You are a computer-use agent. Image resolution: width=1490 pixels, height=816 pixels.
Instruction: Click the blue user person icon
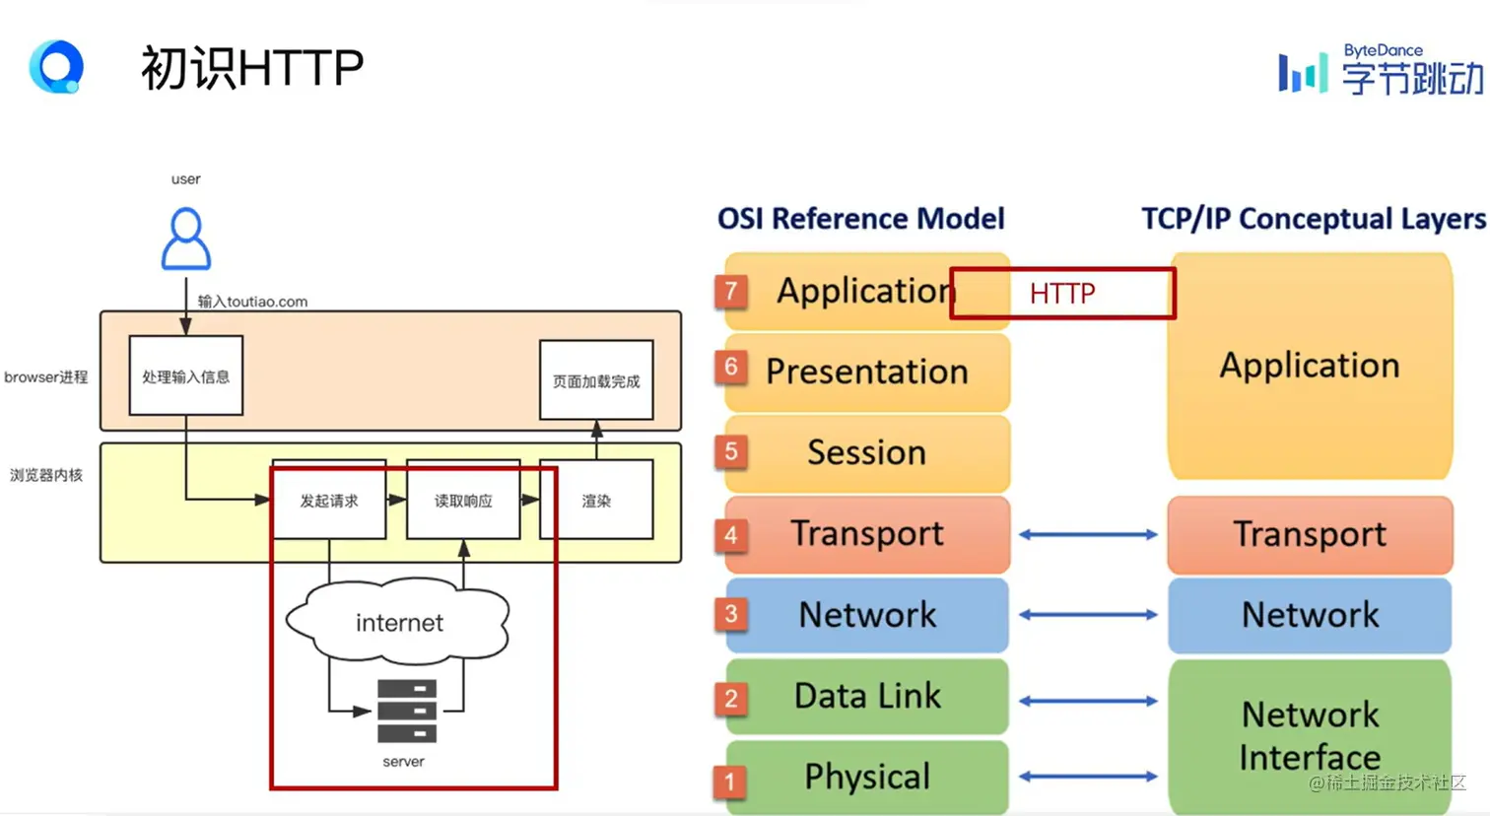coord(186,238)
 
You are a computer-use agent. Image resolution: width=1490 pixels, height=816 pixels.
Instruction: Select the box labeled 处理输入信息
coord(186,375)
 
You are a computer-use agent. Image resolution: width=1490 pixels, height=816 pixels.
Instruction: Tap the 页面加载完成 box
coord(596,379)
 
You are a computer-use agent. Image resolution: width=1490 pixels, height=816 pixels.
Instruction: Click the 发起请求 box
coord(329,500)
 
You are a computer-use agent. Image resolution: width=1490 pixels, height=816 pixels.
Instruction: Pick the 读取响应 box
coord(463,500)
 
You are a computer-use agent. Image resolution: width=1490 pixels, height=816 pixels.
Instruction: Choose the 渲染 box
coord(596,500)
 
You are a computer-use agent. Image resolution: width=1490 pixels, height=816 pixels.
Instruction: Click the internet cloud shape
coord(398,621)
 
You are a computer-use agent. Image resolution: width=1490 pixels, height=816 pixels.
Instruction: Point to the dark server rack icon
coord(407,711)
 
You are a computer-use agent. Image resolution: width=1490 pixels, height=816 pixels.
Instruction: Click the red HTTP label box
coord(1063,294)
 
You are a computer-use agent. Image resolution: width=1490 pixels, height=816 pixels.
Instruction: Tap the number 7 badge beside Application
coord(731,292)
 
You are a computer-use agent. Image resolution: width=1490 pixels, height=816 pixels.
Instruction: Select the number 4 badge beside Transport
coord(731,535)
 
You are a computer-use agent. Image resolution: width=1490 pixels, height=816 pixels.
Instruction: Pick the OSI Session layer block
coord(867,453)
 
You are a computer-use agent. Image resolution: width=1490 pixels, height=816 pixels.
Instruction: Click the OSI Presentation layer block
coord(867,372)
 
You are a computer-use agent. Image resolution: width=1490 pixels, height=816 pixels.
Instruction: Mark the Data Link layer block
coord(867,697)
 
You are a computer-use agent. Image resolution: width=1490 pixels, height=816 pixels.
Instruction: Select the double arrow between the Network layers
coord(1088,615)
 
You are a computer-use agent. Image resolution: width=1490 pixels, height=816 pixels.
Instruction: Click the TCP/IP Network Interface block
coord(1310,736)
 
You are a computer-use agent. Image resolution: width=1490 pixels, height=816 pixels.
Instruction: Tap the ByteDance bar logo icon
coord(1303,73)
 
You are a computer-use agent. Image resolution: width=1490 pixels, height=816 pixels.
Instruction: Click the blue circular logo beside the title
coord(56,66)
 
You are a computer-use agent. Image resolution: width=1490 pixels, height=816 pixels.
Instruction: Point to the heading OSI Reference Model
coord(860,219)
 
